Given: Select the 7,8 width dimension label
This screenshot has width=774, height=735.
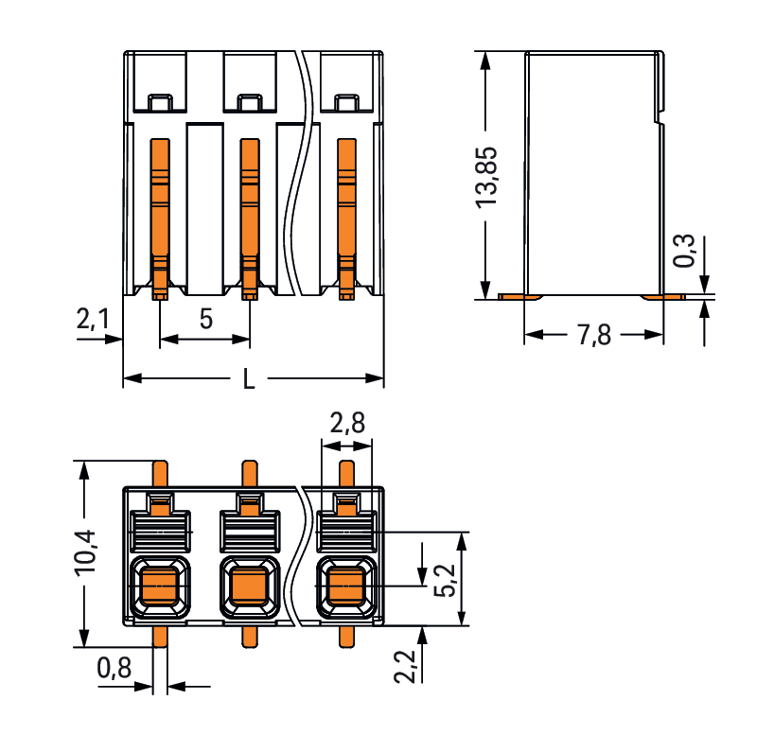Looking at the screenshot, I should pos(592,336).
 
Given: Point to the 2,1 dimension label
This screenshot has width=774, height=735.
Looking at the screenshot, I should pos(93,321).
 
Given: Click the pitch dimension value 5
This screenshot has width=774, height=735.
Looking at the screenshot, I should pos(205,319).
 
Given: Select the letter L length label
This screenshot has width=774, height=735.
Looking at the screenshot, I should pos(249,380).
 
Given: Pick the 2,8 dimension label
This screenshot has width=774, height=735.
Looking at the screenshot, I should pos(347,423).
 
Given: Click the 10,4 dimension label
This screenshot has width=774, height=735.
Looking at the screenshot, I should pos(87,552).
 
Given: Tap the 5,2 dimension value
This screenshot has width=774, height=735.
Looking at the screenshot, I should pos(445,580).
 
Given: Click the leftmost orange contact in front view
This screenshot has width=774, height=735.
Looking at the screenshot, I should pos(160,213).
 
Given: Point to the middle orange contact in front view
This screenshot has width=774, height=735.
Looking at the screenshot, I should pos(249,213).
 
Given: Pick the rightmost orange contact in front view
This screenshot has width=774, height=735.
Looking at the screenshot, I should pos(347,213).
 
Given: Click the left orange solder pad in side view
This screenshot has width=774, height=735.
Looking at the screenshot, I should pos(520,297).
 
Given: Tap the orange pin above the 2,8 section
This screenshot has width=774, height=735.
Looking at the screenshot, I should pos(347,475).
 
